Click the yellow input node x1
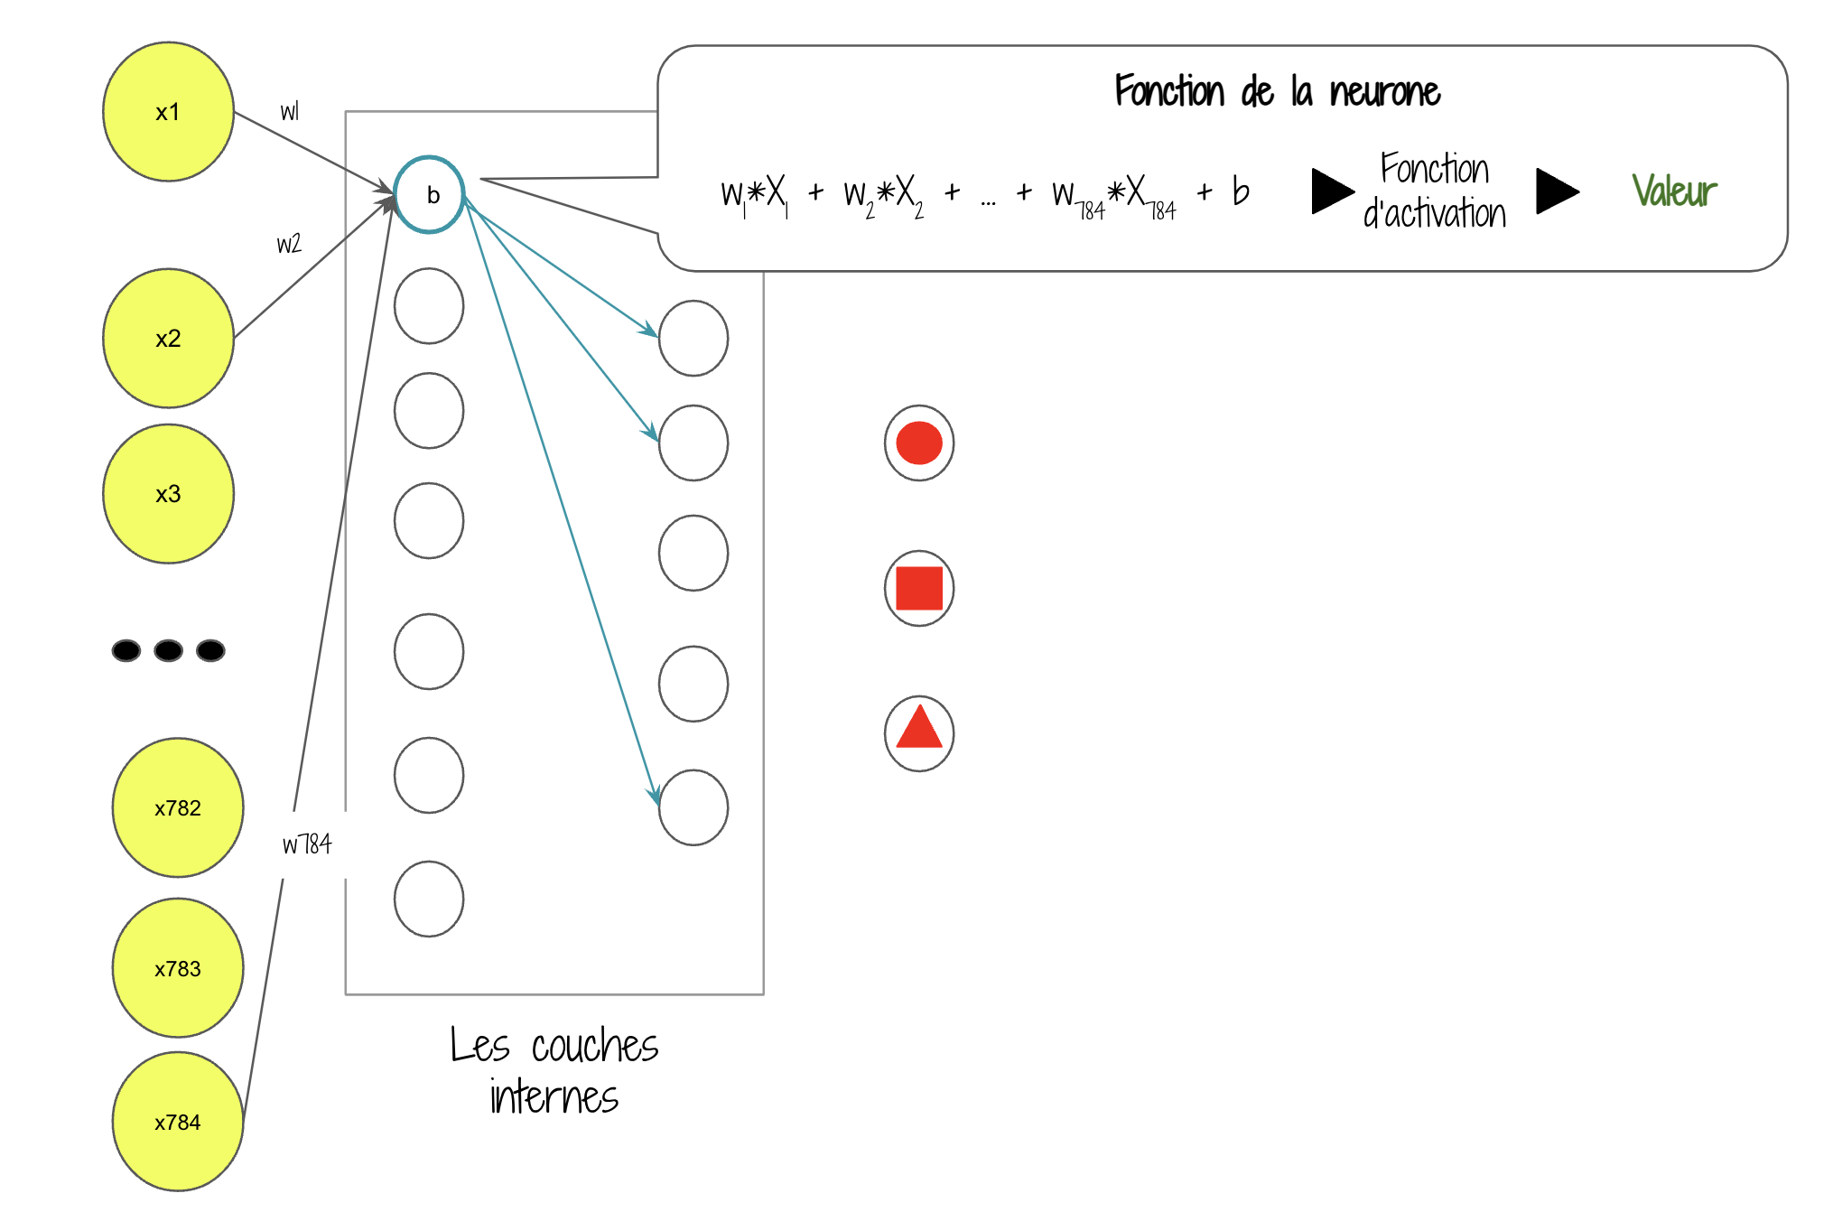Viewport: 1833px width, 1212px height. [x=168, y=112]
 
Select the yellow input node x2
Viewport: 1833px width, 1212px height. [x=168, y=339]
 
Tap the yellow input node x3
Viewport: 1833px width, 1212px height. [x=168, y=494]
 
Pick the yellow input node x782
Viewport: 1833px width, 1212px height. [x=177, y=807]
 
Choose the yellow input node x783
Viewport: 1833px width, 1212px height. [x=177, y=968]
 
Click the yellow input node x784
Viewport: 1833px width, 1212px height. [x=177, y=1122]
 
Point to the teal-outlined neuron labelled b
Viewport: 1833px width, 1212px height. [x=430, y=195]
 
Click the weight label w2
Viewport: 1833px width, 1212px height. [x=289, y=244]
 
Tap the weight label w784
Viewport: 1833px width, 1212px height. [x=307, y=844]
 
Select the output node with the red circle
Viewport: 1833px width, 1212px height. [x=919, y=443]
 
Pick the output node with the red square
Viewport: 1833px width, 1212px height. [x=919, y=589]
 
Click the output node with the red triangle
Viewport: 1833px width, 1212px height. [x=919, y=733]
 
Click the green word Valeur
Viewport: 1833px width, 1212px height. [x=1674, y=191]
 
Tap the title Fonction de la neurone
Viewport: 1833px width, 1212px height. [x=1277, y=92]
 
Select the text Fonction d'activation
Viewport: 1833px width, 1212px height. [x=1435, y=191]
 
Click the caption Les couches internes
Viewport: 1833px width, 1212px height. [x=554, y=1071]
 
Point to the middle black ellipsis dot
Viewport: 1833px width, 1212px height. [x=168, y=650]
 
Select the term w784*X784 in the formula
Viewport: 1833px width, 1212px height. [x=1113, y=195]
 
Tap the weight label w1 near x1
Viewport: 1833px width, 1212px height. [x=289, y=112]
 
